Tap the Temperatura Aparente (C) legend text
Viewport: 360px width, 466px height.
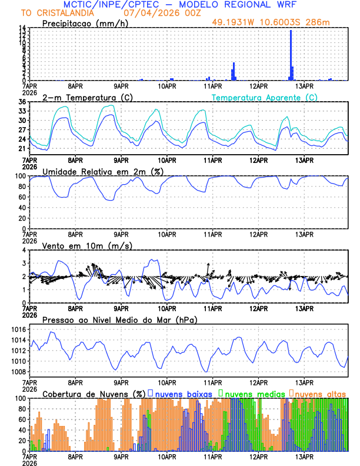[x=265, y=97]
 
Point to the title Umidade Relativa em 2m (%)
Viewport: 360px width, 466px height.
[x=103, y=171]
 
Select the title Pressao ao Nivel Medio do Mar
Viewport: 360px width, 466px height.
[x=119, y=319]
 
